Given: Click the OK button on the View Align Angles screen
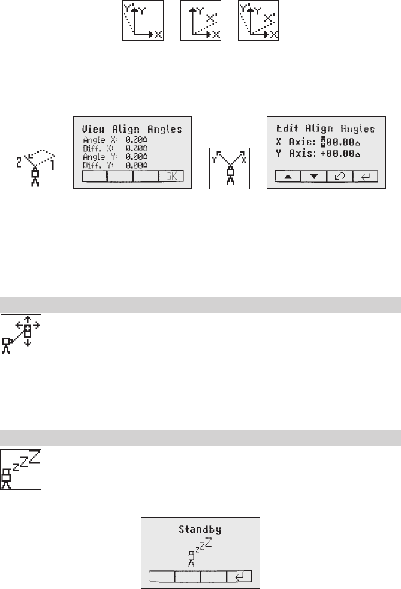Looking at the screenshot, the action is point(171,177).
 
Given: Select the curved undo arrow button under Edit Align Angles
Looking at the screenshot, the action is point(340,176).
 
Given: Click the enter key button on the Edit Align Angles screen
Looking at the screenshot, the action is point(365,176).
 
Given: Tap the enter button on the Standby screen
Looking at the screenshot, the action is point(239,576).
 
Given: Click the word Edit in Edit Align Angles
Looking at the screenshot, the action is point(287,128).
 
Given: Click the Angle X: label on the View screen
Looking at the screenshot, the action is point(97,140).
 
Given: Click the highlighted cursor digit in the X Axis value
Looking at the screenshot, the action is point(324,143).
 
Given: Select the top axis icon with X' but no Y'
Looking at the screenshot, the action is point(200,21).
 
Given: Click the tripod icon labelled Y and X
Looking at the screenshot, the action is point(230,168).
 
